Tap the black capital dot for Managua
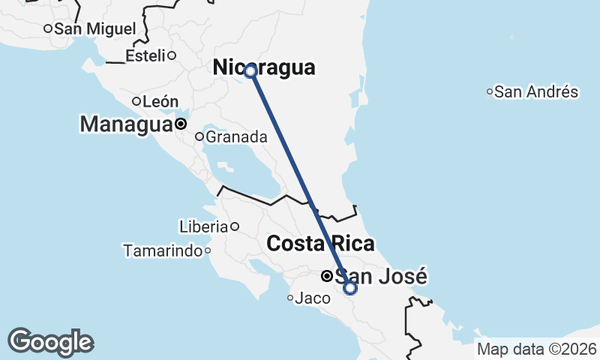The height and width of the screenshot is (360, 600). [x=181, y=124]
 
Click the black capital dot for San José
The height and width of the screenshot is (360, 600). [x=327, y=276]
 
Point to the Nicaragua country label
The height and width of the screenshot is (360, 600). [x=264, y=67]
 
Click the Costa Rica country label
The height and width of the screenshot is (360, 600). [x=321, y=244]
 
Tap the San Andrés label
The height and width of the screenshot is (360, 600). [x=536, y=92]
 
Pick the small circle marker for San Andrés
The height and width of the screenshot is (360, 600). [x=490, y=92]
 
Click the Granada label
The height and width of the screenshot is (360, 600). [x=236, y=136]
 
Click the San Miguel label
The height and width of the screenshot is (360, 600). [x=95, y=28]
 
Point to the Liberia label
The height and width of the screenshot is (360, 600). [x=203, y=226]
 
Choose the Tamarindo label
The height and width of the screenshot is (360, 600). [x=163, y=250]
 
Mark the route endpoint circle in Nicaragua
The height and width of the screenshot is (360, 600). [x=250, y=71]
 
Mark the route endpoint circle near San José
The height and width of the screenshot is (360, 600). [x=350, y=287]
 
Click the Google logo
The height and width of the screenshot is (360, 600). [x=50, y=342]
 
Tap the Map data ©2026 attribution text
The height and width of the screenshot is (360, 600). [x=537, y=349]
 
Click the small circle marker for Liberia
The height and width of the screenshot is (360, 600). [x=234, y=226]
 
